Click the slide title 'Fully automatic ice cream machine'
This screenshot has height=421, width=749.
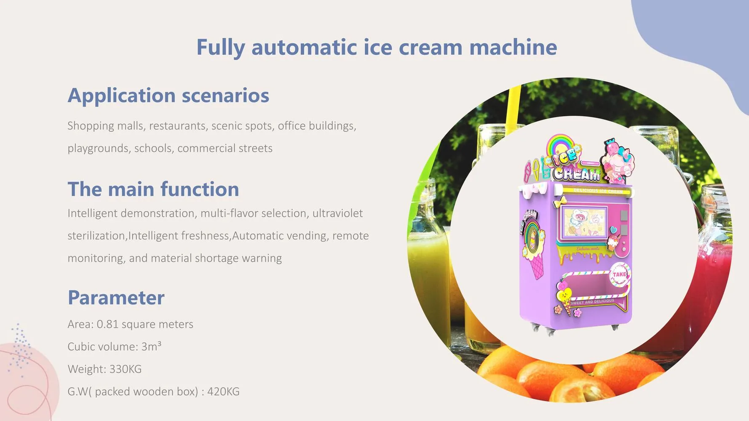point(377,47)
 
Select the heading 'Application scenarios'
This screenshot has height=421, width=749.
point(169,96)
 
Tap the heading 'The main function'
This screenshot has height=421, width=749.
point(153,189)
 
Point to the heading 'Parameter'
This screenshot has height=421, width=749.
point(116,298)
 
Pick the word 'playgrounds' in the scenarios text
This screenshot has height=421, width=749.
point(99,149)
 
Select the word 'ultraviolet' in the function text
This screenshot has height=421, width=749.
point(337,213)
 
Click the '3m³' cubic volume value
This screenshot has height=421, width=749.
point(151,346)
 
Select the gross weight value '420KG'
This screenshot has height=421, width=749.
point(223,392)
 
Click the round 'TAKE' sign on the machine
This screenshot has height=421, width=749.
point(619,274)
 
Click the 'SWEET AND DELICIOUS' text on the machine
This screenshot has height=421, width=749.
point(592,301)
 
